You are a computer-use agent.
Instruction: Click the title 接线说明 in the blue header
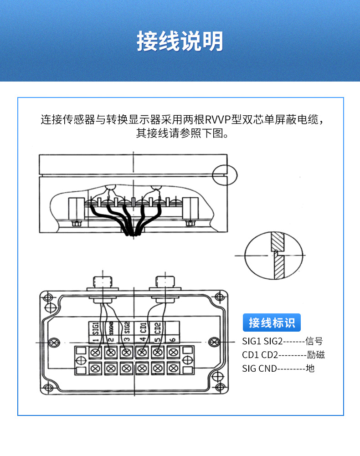coord(180,41)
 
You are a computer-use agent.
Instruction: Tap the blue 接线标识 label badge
coord(272,323)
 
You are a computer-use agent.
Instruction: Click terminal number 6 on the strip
coord(173,339)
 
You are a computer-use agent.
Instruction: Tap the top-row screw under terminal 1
coord(96,352)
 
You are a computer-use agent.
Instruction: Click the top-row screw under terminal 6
coord(173,352)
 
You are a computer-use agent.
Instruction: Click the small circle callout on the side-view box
coord(226,175)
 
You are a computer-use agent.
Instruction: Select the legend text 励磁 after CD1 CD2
coord(316,354)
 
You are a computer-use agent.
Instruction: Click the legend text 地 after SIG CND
coord(310,368)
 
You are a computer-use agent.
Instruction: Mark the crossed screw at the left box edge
coord(54,342)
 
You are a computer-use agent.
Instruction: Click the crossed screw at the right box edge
coord(214,342)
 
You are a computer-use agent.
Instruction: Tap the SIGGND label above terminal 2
coord(111,329)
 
